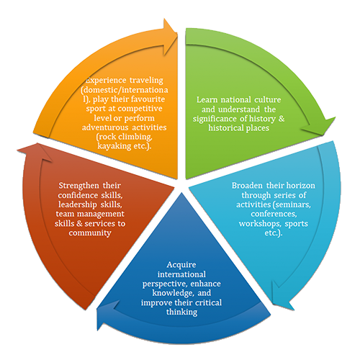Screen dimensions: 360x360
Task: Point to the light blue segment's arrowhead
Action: pyautogui.click(x=283, y=296)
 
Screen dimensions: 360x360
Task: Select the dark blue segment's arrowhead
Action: pyautogui.click(x=107, y=315)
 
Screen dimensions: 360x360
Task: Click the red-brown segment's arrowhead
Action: pyautogui.click(x=35, y=152)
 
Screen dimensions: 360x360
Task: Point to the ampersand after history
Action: pyautogui.click(x=282, y=119)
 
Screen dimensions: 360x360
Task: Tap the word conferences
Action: pyautogui.click(x=274, y=214)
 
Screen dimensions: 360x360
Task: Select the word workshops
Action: pyautogui.click(x=260, y=224)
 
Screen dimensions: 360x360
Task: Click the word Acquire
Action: pyautogui.click(x=181, y=265)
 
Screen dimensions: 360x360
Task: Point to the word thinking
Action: pyautogui.click(x=181, y=312)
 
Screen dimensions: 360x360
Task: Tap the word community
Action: pyautogui.click(x=90, y=233)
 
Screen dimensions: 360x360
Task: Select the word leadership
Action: pyautogui.click(x=77, y=204)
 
